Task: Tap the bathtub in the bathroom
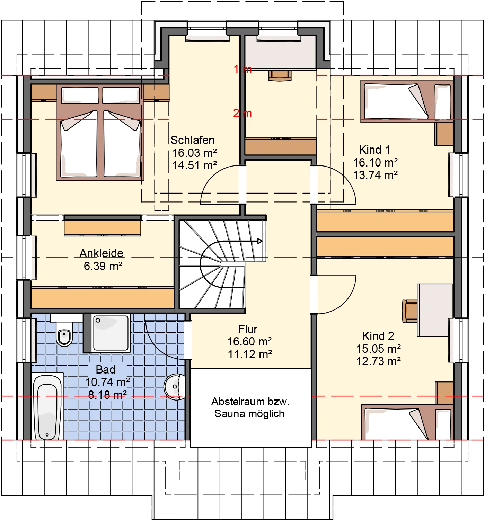tap(47, 407)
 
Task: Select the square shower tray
tap(111, 333)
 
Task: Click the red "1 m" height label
tap(242, 69)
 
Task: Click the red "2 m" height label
tap(242, 113)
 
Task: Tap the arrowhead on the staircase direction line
tap(260, 241)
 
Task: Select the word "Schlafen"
tap(193, 140)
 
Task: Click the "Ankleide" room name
tap(101, 253)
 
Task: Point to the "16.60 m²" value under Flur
tap(249, 342)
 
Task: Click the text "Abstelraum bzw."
tap(250, 402)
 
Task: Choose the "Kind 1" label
tap(374, 150)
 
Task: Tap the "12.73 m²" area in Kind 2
tap(379, 361)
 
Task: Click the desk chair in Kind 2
tap(410, 311)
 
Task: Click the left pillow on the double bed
tap(80, 95)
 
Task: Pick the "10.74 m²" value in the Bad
tap(107, 382)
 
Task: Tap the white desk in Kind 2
tap(434, 310)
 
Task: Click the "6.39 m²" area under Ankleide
tap(103, 266)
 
